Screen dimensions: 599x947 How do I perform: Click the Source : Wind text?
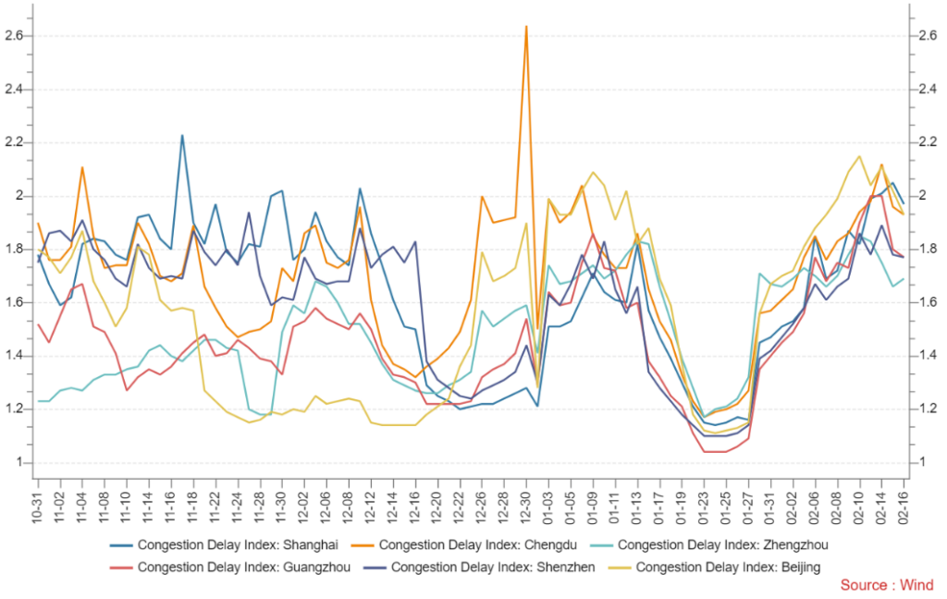[886, 584]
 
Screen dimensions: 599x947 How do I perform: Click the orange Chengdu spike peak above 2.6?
[526, 27]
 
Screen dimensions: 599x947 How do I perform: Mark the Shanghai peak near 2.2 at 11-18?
[182, 136]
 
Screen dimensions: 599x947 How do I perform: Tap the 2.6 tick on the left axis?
[14, 36]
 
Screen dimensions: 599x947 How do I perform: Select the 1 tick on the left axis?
[18, 463]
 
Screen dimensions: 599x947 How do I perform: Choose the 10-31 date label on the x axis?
[38, 499]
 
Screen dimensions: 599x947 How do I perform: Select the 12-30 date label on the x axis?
[526, 499]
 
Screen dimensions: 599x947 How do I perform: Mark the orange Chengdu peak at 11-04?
[82, 168]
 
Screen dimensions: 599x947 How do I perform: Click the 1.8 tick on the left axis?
[14, 250]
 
